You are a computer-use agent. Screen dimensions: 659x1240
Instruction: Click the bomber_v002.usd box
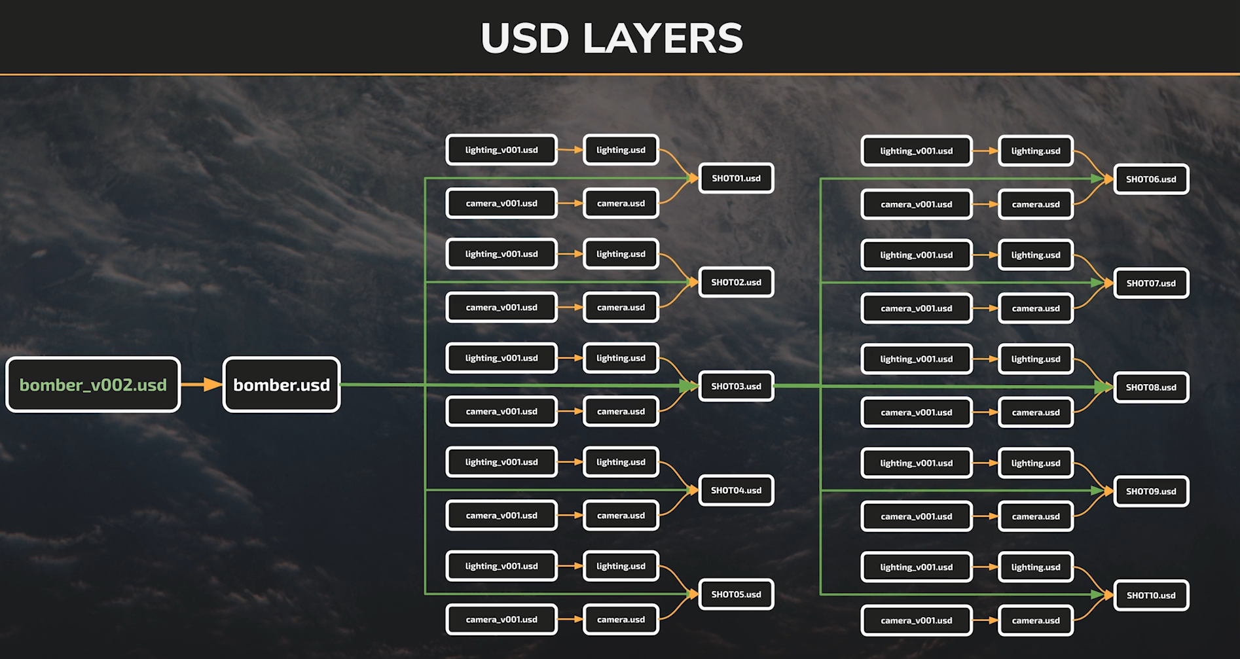(x=93, y=385)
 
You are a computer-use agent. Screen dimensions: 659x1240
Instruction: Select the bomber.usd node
(x=282, y=385)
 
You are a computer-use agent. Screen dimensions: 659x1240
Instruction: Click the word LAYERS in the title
(x=663, y=38)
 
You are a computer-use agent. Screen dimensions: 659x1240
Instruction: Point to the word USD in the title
(x=525, y=38)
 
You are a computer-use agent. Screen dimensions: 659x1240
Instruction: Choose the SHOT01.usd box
(x=736, y=178)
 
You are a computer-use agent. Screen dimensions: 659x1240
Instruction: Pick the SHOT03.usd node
(x=736, y=386)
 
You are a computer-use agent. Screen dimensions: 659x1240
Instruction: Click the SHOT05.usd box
(x=736, y=594)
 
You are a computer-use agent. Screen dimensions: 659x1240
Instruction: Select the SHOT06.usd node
(x=1151, y=179)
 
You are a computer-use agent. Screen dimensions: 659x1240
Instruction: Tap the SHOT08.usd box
(x=1151, y=387)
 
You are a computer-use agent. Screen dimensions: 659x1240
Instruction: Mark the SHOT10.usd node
(x=1151, y=596)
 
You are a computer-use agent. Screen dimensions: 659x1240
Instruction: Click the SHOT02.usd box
(x=736, y=282)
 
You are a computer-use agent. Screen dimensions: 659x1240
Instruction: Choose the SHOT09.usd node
(x=1151, y=491)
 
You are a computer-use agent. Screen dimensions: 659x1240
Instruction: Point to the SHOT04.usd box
(x=736, y=490)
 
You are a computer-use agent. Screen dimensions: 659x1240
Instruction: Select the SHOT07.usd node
(x=1151, y=283)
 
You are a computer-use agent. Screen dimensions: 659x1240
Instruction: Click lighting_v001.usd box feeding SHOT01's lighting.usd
(x=501, y=150)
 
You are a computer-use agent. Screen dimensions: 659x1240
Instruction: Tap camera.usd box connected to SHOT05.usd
(x=621, y=620)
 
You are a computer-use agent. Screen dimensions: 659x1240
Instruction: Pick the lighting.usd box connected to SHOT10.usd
(x=1036, y=567)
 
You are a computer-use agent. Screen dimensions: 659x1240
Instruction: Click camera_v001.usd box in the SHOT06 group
(x=917, y=204)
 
